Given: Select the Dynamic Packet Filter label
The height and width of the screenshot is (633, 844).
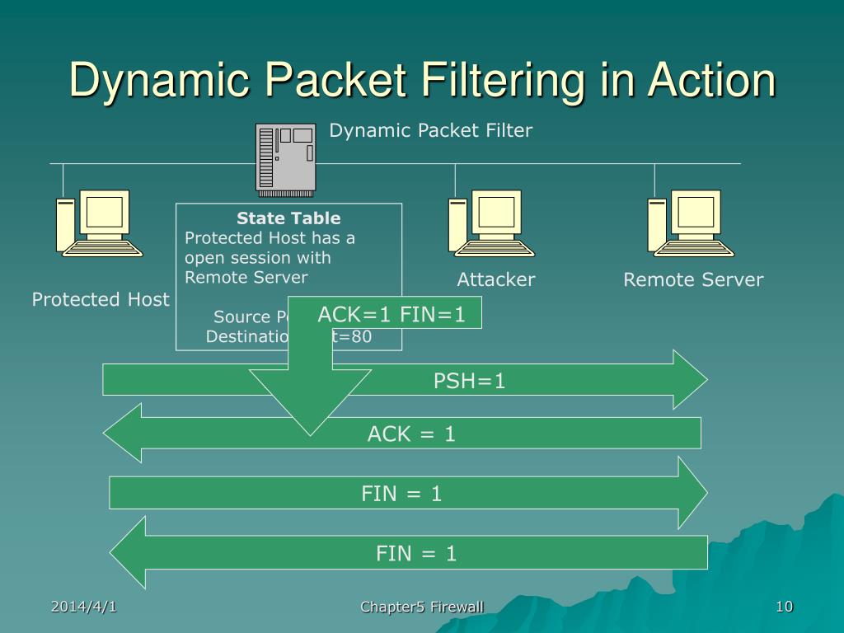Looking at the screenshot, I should pyautogui.click(x=431, y=130).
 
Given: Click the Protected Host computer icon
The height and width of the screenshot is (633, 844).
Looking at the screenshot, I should pyautogui.click(x=98, y=223).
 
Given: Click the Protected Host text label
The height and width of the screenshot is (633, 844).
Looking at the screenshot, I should pyautogui.click(x=101, y=299).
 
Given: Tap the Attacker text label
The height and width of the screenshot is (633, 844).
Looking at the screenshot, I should pyautogui.click(x=496, y=279).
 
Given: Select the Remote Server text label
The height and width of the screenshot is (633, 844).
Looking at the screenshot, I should pyautogui.click(x=693, y=279).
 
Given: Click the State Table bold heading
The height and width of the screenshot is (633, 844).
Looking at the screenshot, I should pyautogui.click(x=288, y=218).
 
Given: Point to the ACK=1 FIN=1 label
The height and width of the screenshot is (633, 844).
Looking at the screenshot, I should pyautogui.click(x=392, y=313).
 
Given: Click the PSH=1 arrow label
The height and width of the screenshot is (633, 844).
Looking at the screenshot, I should pyautogui.click(x=469, y=381).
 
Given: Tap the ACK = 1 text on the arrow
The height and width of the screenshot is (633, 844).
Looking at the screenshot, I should pyautogui.click(x=411, y=434).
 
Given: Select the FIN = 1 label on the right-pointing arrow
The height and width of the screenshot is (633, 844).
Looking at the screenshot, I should pyautogui.click(x=401, y=494).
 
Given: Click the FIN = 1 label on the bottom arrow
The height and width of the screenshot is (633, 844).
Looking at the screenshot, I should pyautogui.click(x=416, y=553).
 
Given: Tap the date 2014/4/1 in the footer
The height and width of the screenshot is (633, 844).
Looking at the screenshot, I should pyautogui.click(x=83, y=607).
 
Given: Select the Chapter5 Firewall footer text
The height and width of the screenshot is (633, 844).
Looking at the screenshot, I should pyautogui.click(x=422, y=607).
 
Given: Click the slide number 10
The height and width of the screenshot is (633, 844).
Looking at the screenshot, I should pyautogui.click(x=784, y=607).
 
